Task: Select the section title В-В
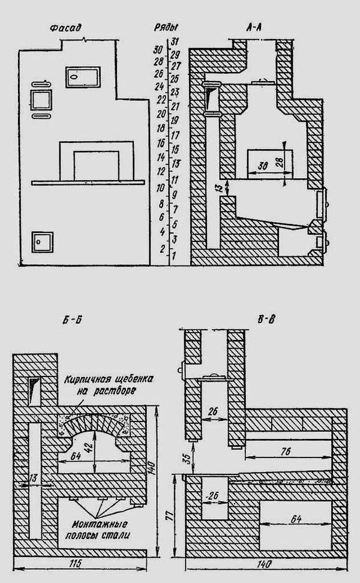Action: tap(266, 319)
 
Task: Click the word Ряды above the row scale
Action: tap(166, 28)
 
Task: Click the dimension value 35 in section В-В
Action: tap(188, 456)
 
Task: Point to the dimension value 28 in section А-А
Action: tap(280, 160)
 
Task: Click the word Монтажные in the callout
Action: tap(100, 525)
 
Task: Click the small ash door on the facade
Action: tap(42, 243)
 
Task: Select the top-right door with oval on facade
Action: tap(83, 77)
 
